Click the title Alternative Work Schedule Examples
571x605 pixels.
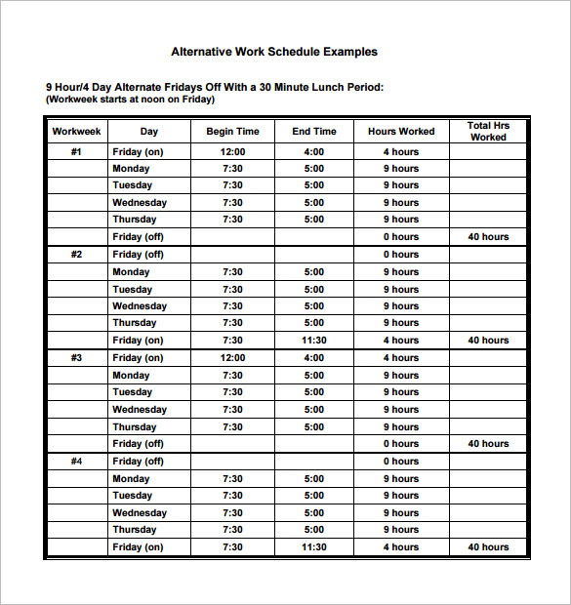pos(274,52)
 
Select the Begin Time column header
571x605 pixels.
pos(232,132)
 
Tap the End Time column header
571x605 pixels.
pos(314,132)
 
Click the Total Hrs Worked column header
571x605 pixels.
pos(488,132)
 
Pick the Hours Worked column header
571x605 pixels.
pos(400,132)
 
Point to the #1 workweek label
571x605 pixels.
pos(77,152)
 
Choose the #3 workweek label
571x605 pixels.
pos(77,358)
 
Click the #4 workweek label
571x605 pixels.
pos(77,462)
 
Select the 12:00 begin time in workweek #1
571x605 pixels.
pos(232,152)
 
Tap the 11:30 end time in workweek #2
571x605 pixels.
pos(314,341)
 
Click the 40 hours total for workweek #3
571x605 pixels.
pos(488,444)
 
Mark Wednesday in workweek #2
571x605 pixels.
pos(140,306)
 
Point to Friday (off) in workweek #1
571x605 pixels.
pos(138,237)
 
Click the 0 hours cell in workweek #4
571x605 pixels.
pos(400,462)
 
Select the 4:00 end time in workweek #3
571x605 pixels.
pos(314,358)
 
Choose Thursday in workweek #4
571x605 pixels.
pos(135,530)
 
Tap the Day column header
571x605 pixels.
pos(149,132)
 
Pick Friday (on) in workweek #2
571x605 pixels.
pos(138,341)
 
